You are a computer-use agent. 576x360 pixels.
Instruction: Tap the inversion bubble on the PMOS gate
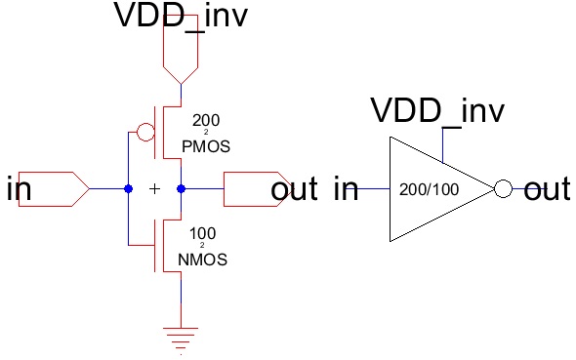pos(144,132)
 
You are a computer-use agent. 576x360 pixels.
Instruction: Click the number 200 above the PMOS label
pos(206,121)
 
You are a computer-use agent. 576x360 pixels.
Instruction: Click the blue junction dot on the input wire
pos(128,188)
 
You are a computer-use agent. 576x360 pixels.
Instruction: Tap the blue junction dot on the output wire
pos(181,188)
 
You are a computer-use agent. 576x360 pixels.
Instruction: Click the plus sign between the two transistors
pos(154,188)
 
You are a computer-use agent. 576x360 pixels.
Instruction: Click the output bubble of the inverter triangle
pos(503,189)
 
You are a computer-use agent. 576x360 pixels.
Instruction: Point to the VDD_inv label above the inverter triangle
pos(437,111)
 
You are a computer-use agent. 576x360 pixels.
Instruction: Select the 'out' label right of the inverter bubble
pos(547,189)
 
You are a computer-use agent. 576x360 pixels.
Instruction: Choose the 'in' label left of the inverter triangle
pos(347,189)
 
